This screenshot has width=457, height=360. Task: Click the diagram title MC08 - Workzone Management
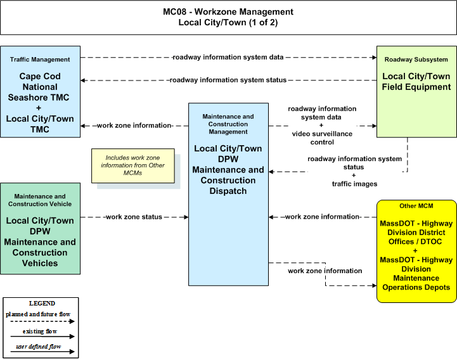pos(228,11)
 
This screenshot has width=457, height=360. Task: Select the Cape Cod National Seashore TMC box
pos(40,91)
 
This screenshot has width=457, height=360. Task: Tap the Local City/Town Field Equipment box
pos(416,91)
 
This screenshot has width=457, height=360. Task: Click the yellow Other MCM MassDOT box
pos(416,251)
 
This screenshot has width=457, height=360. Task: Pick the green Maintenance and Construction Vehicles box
pos(40,229)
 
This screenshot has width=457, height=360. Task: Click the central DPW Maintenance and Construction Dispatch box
pos(228,194)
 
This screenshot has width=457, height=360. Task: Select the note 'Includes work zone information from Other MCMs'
pos(133,165)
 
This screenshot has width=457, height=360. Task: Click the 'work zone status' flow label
pos(134,217)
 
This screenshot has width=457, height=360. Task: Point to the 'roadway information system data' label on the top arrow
pos(228,57)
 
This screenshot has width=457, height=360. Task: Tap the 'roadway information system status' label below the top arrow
pos(228,80)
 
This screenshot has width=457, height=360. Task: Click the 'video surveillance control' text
pos(322,138)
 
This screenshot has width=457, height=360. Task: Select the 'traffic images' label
pos(354,184)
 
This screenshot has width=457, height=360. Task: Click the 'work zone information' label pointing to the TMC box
pos(134,125)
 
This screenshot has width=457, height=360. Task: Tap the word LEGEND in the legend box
pos(42,303)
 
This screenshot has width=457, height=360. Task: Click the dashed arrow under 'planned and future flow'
pos(42,321)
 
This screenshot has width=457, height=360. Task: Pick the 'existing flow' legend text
pos(40,331)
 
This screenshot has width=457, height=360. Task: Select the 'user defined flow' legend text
pos(39,346)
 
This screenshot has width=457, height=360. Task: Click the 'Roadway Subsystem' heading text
pos(416,60)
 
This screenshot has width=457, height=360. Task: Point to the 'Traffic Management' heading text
pos(40,60)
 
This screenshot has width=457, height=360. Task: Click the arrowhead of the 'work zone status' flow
pos(186,217)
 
